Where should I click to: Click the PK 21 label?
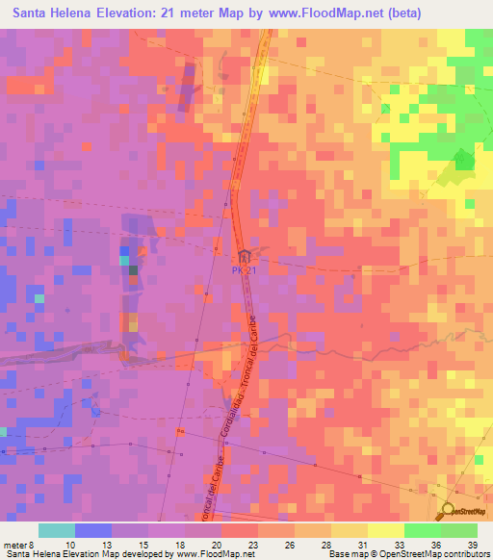pyautogui.click(x=244, y=270)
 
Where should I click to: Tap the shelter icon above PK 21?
pyautogui.click(x=245, y=257)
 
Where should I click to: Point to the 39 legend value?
pyautogui.click(x=471, y=546)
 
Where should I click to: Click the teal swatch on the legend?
pyautogui.click(x=57, y=530)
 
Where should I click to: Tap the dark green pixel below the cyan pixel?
pyautogui.click(x=132, y=270)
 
